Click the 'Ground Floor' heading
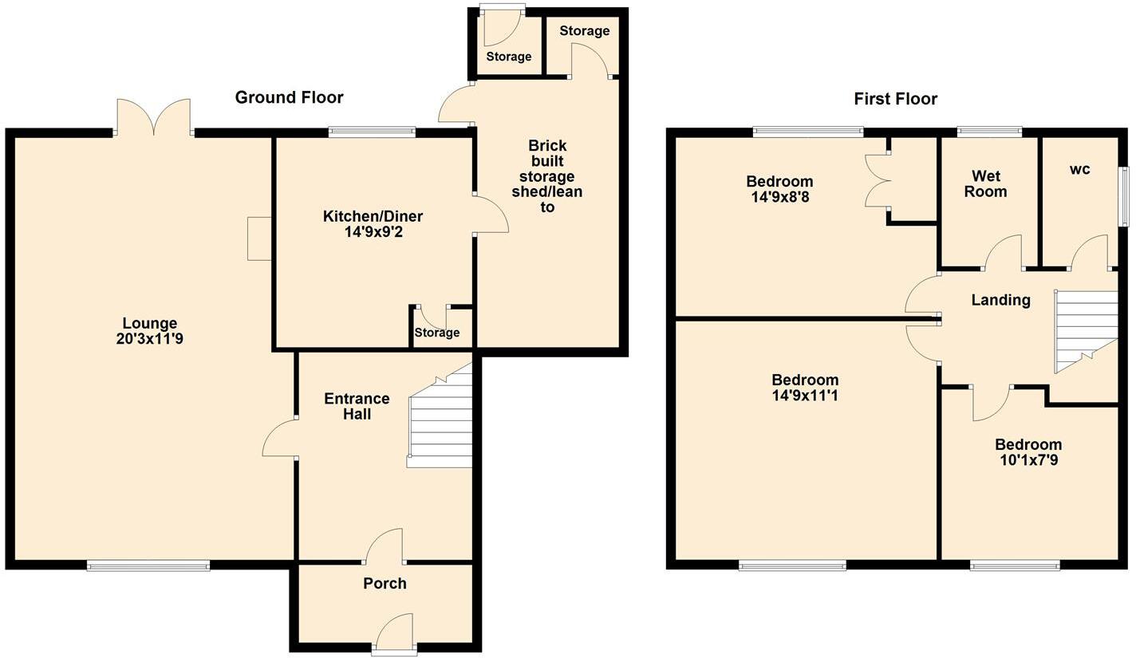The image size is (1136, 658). pyautogui.click(x=289, y=97)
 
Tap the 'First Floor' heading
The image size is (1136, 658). pyautogui.click(x=895, y=99)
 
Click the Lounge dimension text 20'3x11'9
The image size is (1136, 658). pyautogui.click(x=149, y=339)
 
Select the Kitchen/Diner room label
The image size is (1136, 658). pyautogui.click(x=373, y=216)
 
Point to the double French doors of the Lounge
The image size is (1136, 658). pyautogui.click(x=154, y=117)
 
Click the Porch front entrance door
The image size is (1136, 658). pyautogui.click(x=394, y=633)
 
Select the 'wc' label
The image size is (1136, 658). pyautogui.click(x=1079, y=169)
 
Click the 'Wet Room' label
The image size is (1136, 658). pyautogui.click(x=985, y=183)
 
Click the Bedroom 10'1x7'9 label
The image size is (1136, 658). pyautogui.click(x=1028, y=452)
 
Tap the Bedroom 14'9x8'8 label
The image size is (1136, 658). pyautogui.click(x=779, y=189)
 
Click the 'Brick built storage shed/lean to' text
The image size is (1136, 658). pyautogui.click(x=547, y=176)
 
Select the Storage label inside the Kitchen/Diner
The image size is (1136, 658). pyautogui.click(x=437, y=333)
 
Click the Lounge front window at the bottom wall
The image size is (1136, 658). pyautogui.click(x=148, y=566)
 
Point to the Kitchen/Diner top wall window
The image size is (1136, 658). pyautogui.click(x=372, y=132)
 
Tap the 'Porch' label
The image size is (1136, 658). pyautogui.click(x=385, y=584)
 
